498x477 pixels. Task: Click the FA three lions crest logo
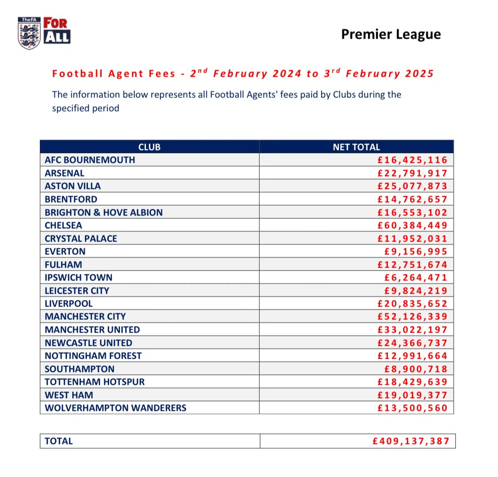click(29, 33)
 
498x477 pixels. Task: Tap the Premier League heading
click(391, 34)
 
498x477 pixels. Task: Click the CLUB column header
click(149, 147)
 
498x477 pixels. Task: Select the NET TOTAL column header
click(356, 147)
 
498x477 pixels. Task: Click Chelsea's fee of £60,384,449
click(412, 225)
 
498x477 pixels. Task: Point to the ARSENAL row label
click(64, 173)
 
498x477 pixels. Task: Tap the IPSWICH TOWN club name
click(79, 277)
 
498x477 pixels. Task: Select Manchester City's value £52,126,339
click(412, 316)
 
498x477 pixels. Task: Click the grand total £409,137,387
click(411, 441)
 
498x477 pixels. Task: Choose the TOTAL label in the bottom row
click(59, 441)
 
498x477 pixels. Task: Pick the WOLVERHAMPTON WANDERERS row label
click(115, 408)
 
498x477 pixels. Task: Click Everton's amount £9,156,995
click(416, 251)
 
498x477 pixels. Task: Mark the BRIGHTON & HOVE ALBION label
click(104, 212)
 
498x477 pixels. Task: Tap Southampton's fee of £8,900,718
click(416, 369)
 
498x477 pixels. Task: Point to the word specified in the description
click(71, 108)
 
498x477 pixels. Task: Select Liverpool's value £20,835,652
click(412, 304)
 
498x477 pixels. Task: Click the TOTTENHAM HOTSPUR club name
click(95, 382)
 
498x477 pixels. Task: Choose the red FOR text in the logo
click(55, 23)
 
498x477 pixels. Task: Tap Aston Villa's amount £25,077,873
click(412, 186)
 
